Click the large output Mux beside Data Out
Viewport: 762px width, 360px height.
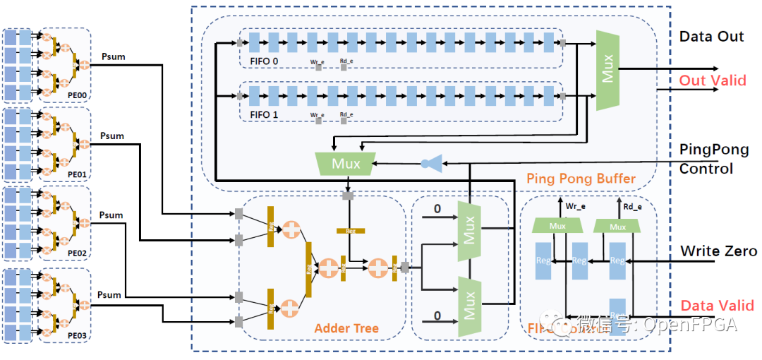[607, 70]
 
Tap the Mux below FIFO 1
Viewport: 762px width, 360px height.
[346, 164]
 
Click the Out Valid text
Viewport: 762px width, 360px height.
[712, 80]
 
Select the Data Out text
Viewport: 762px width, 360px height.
[711, 37]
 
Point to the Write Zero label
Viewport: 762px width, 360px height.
[718, 251]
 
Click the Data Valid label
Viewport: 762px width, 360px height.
[717, 306]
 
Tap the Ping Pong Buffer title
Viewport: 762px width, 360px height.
[581, 179]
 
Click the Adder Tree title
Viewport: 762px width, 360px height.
[346, 328]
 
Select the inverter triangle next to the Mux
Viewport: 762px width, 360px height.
[435, 164]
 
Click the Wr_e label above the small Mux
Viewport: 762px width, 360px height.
[575, 207]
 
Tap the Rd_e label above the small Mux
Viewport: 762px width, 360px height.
[633, 207]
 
